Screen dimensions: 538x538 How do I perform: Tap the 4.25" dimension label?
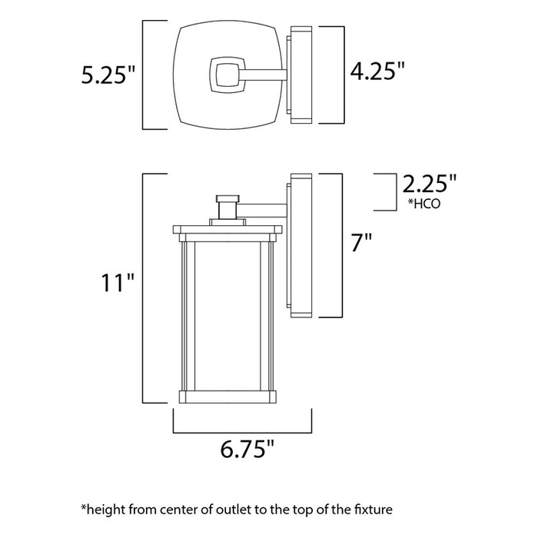coord(377,73)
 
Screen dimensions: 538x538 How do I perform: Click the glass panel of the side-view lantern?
coord(226,314)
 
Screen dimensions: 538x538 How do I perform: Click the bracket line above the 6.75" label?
coord(241,426)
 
